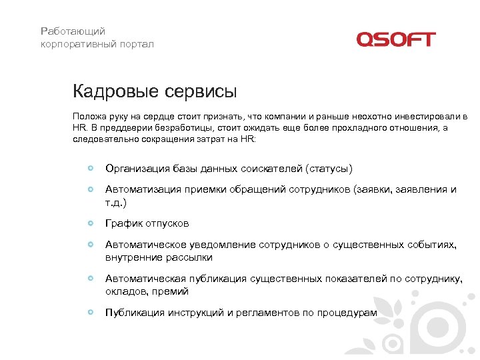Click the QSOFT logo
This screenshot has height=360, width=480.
pos(396,39)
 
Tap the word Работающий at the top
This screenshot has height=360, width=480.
pos(73,31)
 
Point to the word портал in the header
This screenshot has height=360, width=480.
pos(136,44)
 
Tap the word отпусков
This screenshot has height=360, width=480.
pos(167,223)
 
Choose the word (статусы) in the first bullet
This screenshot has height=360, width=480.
pos(328,169)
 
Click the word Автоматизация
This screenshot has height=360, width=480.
pos(143,189)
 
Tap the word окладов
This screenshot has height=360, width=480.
pos(126,291)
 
